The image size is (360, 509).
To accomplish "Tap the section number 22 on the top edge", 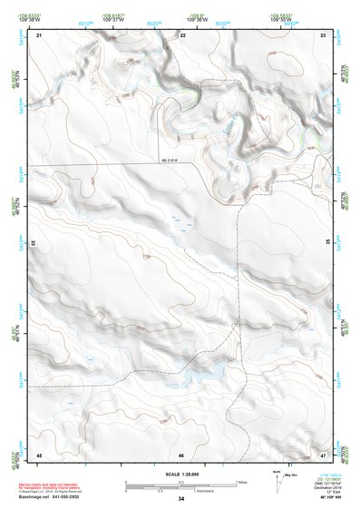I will [183, 35].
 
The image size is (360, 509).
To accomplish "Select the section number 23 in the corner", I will [323, 35].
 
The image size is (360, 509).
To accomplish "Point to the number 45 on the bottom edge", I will [40, 454].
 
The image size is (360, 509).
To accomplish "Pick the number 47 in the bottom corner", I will [323, 453].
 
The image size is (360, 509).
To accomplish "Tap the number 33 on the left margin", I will [34, 243].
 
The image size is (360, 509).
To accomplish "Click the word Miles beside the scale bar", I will [242, 481].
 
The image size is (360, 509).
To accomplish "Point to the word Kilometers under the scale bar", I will [218, 490].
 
